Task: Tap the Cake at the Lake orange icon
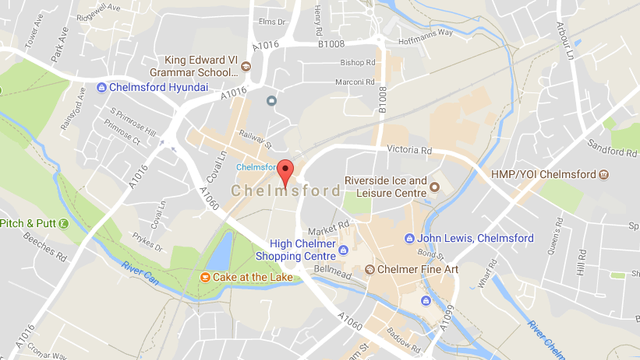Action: pyautogui.click(x=205, y=277)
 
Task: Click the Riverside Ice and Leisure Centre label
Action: pyautogui.click(x=385, y=186)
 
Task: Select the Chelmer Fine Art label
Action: pyautogui.click(x=418, y=269)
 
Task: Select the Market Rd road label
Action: pyautogui.click(x=327, y=229)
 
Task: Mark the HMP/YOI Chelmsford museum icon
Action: pyautogui.click(x=603, y=174)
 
